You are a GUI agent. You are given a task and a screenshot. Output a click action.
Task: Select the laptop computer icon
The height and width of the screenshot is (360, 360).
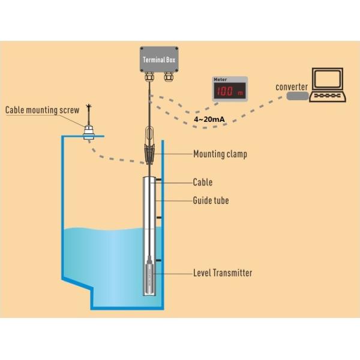click(x=328, y=86)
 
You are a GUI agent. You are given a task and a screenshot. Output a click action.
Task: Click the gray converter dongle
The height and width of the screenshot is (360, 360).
click(x=297, y=95)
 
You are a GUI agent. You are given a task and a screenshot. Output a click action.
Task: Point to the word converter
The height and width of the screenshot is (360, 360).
click(x=292, y=86)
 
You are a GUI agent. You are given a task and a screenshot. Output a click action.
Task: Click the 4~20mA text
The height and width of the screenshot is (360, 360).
click(x=209, y=120)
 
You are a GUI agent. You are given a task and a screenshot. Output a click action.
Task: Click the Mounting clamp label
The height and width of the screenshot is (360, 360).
click(x=220, y=154)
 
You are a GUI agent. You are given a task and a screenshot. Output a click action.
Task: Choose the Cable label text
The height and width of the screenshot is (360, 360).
click(x=202, y=182)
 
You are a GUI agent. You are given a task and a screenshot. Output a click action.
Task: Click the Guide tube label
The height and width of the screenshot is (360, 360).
click(x=211, y=200)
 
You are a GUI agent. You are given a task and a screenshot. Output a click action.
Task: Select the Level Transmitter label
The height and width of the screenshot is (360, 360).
click(x=223, y=273)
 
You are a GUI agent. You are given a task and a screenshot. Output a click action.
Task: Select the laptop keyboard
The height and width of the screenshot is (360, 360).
click(x=328, y=97)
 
